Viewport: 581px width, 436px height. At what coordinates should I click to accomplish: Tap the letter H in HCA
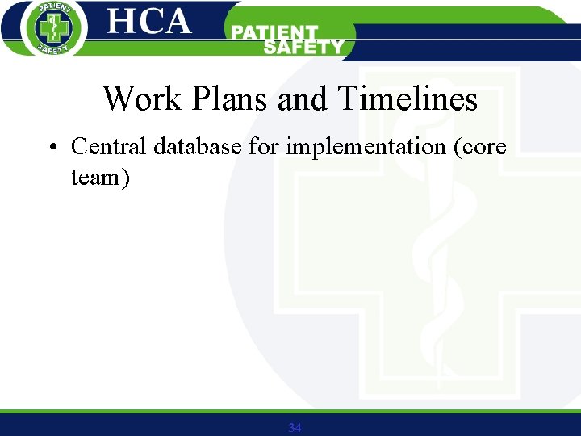(x=123, y=22)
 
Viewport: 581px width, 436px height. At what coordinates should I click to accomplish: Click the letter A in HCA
(x=177, y=22)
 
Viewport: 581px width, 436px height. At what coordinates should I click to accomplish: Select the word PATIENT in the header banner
(x=275, y=32)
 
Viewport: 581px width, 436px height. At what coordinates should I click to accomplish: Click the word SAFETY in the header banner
(x=303, y=47)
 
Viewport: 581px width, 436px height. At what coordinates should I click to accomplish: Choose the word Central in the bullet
(x=109, y=146)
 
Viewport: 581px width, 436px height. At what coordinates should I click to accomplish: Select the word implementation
(x=364, y=148)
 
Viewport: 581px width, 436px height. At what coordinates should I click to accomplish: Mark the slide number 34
(x=295, y=427)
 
